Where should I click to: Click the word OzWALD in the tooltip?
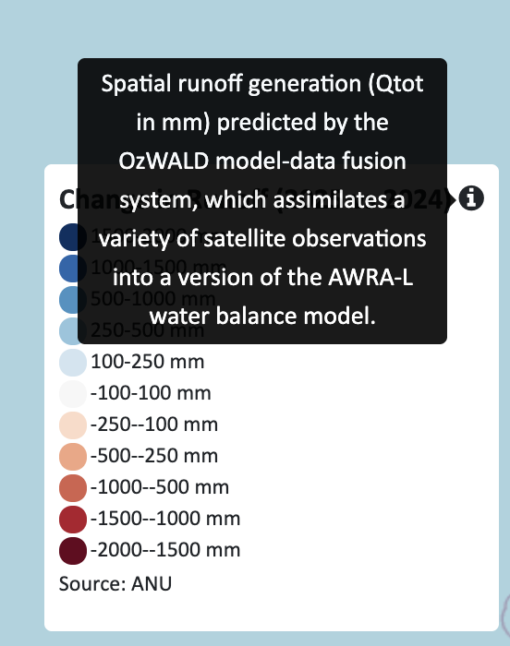pyautogui.click(x=163, y=161)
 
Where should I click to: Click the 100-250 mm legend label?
pyautogui.click(x=147, y=362)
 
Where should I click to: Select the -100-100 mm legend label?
pyautogui.click(x=151, y=393)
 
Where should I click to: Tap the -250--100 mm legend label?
pyautogui.click(x=154, y=425)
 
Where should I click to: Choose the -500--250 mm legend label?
pyautogui.click(x=154, y=456)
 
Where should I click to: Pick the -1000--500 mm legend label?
pyautogui.click(x=160, y=487)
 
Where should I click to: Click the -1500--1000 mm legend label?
pyautogui.click(x=165, y=519)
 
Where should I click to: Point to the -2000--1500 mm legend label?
pyautogui.click(x=165, y=550)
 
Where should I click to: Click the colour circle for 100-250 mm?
pyautogui.click(x=73, y=362)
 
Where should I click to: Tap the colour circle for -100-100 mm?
pyautogui.click(x=73, y=393)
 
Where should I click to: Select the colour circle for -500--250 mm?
pyautogui.click(x=73, y=456)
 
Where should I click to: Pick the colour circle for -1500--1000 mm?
pyautogui.click(x=73, y=519)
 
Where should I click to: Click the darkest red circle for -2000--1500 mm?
pyautogui.click(x=73, y=550)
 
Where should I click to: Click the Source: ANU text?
pyautogui.click(x=115, y=583)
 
